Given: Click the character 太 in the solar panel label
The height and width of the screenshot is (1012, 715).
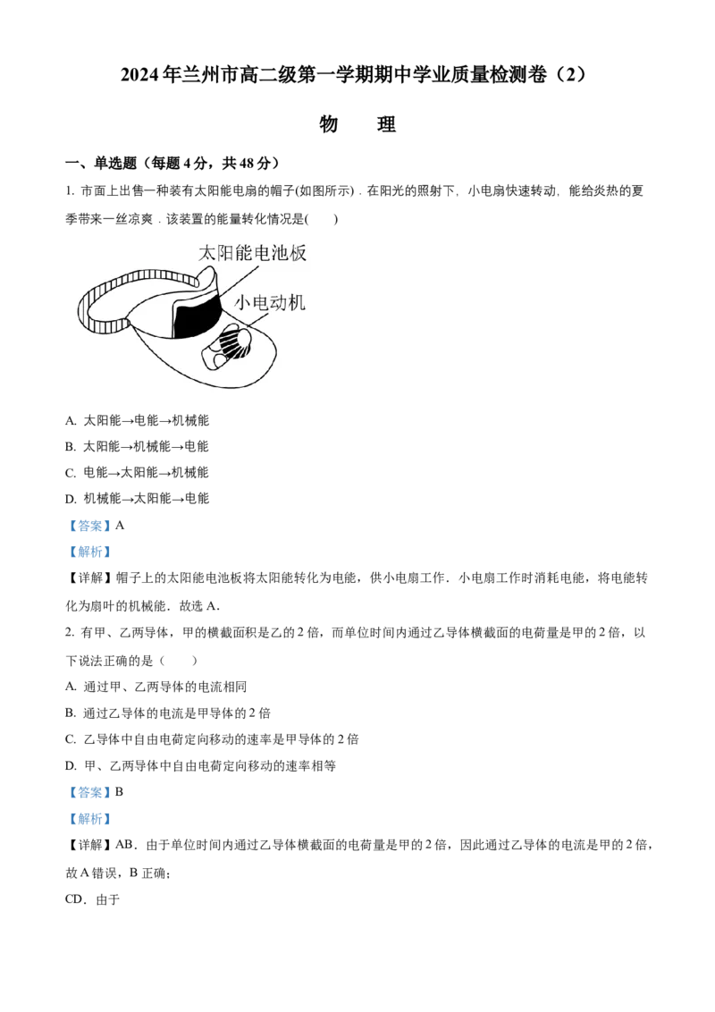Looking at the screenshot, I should point(207,254).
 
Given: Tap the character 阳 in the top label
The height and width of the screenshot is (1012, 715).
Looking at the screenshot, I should point(229,254).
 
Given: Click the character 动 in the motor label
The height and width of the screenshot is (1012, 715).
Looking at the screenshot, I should point(284,302).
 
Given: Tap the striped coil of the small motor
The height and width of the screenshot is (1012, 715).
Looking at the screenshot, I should point(233,343).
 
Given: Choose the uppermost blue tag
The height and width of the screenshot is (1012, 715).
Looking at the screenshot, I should point(89,526).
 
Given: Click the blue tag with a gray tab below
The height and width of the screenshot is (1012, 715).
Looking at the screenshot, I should point(89,552).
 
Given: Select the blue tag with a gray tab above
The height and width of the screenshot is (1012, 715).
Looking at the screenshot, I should point(89,793).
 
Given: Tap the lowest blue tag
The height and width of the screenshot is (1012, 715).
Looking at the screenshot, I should point(89,819).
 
